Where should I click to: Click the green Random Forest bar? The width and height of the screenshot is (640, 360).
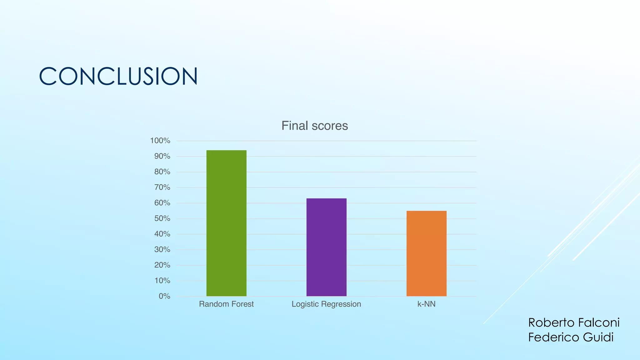click(226, 223)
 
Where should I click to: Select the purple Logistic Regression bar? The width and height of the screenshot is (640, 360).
click(326, 247)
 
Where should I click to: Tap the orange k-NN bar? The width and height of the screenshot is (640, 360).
click(426, 253)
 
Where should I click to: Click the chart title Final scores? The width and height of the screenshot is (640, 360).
click(314, 126)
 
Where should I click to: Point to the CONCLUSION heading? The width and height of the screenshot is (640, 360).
click(118, 76)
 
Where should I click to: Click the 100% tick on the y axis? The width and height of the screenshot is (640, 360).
click(160, 141)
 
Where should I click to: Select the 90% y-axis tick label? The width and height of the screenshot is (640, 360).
click(162, 156)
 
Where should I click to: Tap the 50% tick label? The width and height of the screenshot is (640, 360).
click(162, 218)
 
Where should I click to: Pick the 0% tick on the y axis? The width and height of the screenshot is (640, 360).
click(164, 296)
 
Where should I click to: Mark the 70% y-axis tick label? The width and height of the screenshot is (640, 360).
click(162, 187)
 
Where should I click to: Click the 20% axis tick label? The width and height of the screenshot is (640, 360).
click(162, 265)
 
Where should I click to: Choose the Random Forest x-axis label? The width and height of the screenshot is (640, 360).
click(226, 304)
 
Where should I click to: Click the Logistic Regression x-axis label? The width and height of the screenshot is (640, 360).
click(326, 304)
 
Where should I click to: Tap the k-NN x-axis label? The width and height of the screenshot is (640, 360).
click(426, 304)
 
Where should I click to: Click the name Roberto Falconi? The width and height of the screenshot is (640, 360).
click(574, 322)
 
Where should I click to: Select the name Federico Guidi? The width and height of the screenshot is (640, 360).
click(571, 337)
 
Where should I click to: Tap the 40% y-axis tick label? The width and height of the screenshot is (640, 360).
click(162, 234)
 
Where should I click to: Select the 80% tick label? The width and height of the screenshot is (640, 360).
click(162, 172)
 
